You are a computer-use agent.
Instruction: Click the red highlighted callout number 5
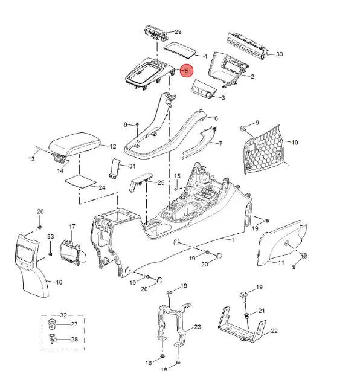click(187, 71)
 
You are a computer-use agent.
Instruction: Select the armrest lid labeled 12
click(75, 144)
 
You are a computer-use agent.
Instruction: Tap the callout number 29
click(178, 31)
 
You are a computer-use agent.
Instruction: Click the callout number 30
click(279, 54)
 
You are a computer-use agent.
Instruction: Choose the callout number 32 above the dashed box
click(63, 315)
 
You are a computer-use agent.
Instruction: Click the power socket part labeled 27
click(51, 324)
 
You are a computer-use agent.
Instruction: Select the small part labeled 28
click(52, 338)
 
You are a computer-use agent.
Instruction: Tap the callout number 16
click(59, 282)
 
